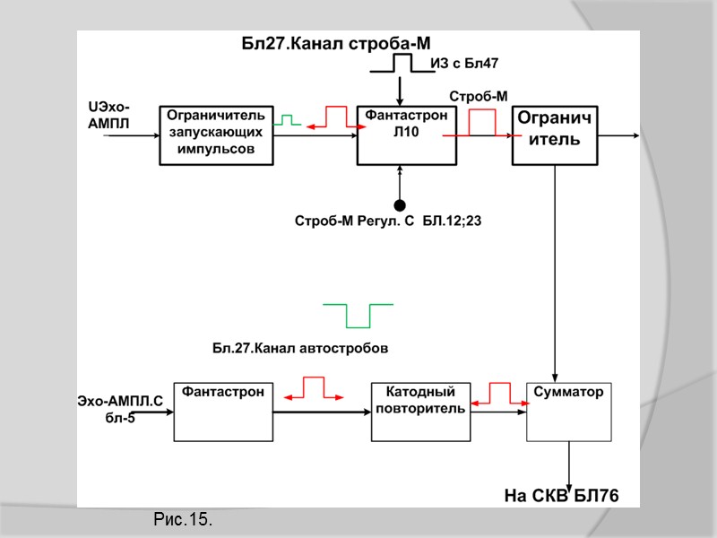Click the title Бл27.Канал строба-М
[336, 42]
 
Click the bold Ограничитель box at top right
[554, 134]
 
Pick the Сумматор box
[568, 412]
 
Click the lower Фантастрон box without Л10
[223, 412]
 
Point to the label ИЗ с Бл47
[464, 63]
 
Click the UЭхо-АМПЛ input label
[108, 116]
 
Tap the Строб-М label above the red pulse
[478, 96]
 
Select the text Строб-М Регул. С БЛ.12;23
[388, 220]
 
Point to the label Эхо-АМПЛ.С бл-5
[118, 408]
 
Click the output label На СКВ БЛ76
[561, 495]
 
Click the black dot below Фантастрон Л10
[401, 205]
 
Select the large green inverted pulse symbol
[358, 316]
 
